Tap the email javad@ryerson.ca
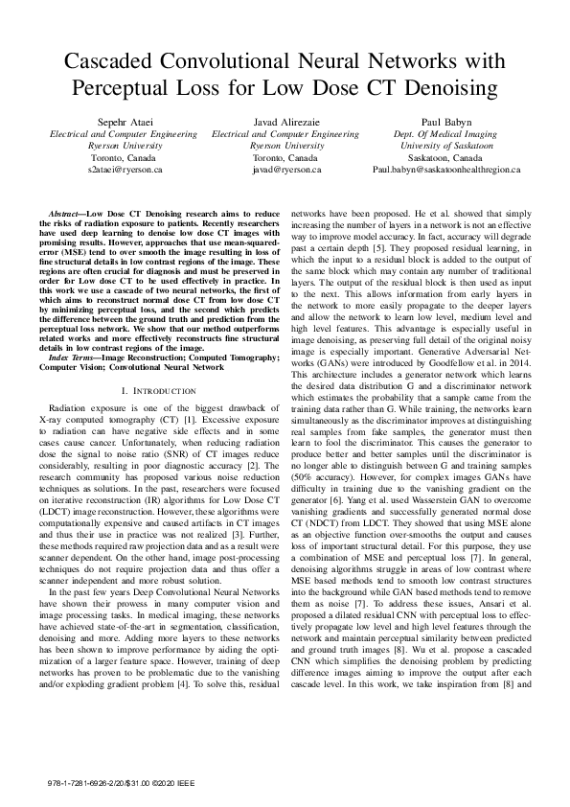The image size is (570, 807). pyautogui.click(x=285, y=169)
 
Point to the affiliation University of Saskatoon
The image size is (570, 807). pyautogui.click(x=444, y=146)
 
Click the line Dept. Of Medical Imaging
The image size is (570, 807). pyautogui.click(x=444, y=134)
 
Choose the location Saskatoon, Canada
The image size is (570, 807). pyautogui.click(x=444, y=157)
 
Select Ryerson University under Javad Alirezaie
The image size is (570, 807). pyautogui.click(x=285, y=146)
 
